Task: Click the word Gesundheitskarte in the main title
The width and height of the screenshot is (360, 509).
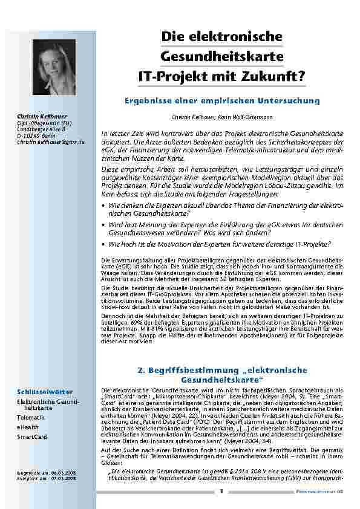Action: click(223, 57)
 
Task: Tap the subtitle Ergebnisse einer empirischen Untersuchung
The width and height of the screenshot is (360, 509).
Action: click(222, 100)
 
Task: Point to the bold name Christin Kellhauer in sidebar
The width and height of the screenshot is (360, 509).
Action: click(42, 116)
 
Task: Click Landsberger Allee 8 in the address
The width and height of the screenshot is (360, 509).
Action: click(41, 129)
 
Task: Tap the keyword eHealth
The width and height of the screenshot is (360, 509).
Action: click(27, 427)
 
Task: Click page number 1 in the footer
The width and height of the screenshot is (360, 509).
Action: click(221, 491)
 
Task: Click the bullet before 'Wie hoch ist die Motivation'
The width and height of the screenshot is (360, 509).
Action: click(104, 244)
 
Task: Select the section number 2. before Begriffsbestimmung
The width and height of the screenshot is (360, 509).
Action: click(142, 369)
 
